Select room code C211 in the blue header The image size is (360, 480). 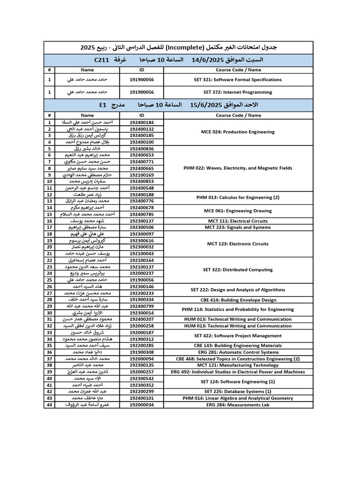pyautogui.click(x=102, y=60)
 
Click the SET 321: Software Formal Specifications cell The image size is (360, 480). pyautogui.click(x=238, y=80)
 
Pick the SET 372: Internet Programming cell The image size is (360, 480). pyautogui.click(x=238, y=92)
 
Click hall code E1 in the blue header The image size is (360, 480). pyautogui.click(x=103, y=105)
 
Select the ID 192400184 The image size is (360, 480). pyautogui.click(x=142, y=122)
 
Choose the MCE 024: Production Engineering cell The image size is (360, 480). pyautogui.click(x=238, y=132)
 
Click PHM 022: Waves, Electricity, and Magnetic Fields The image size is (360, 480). pyautogui.click(x=238, y=168)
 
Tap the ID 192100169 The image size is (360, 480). pyautogui.click(x=142, y=174)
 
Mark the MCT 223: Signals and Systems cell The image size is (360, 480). pyautogui.click(x=238, y=227)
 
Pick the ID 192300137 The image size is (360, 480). pyautogui.click(x=142, y=221)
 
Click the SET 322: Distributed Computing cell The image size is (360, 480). pyautogui.click(x=238, y=270)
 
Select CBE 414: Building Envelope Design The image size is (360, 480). pyautogui.click(x=238, y=300)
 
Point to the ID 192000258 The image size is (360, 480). pyautogui.click(x=142, y=326)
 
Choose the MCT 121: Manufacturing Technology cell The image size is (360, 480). pyautogui.click(x=238, y=365)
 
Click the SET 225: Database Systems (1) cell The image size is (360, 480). pyautogui.click(x=238, y=391)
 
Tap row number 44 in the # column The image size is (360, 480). pyautogui.click(x=49, y=405)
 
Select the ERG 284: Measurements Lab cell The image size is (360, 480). pyautogui.click(x=238, y=405)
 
